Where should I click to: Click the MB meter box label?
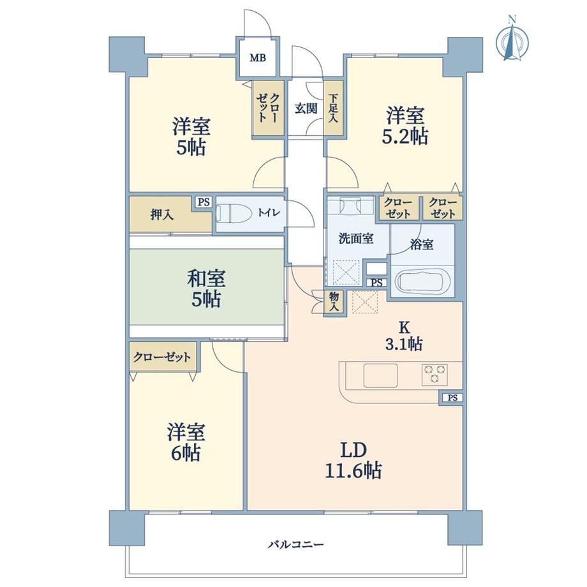click(258, 58)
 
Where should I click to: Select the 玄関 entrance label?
click(306, 108)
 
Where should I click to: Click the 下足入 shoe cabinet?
click(333, 108)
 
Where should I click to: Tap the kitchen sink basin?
click(380, 375)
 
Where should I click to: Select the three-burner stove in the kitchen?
click(435, 375)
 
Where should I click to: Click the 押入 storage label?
click(162, 214)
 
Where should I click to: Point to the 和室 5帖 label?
click(206, 288)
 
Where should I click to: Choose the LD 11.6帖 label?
click(353, 461)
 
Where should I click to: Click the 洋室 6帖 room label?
click(186, 442)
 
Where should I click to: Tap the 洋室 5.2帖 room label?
click(405, 126)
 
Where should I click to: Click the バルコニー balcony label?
click(296, 544)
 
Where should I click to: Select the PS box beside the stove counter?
click(452, 398)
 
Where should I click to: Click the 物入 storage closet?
click(334, 302)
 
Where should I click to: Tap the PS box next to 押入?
click(204, 202)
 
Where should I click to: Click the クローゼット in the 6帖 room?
click(162, 357)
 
